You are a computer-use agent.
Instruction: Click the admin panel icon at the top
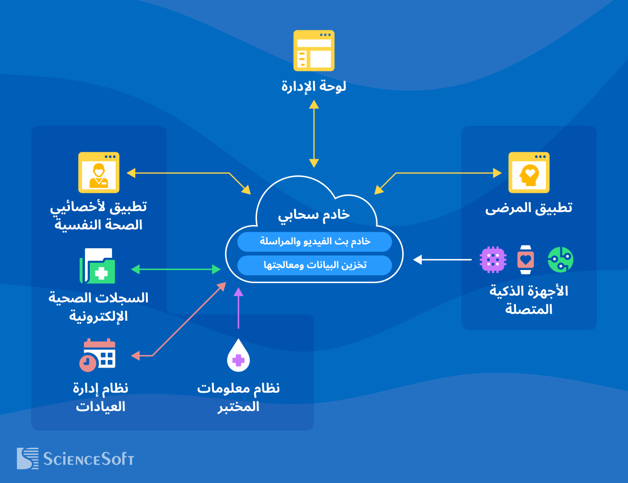pyautogui.click(x=314, y=51)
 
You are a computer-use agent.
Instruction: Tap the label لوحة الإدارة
pyautogui.click(x=314, y=86)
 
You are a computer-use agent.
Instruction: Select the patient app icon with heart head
pyautogui.click(x=529, y=173)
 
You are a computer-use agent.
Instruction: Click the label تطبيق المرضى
pyautogui.click(x=529, y=208)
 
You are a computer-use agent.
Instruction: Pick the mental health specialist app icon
pyautogui.click(x=99, y=173)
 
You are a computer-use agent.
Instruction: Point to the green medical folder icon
pyautogui.click(x=98, y=266)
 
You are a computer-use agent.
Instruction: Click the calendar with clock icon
pyautogui.click(x=98, y=355)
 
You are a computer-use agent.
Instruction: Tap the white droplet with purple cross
pyautogui.click(x=238, y=356)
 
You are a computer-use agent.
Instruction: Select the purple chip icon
pyautogui.click(x=493, y=260)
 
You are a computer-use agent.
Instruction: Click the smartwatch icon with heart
pyautogui.click(x=526, y=260)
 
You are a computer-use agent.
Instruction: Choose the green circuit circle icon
pyautogui.click(x=560, y=260)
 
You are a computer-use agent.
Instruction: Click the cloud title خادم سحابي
pyautogui.click(x=314, y=214)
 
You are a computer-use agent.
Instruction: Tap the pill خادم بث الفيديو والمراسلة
pyautogui.click(x=314, y=241)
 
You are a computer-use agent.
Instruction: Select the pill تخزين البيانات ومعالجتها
pyautogui.click(x=314, y=265)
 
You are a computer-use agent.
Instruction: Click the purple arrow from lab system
pyautogui.click(x=238, y=309)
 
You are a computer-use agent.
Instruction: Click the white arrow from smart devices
pyautogui.click(x=442, y=260)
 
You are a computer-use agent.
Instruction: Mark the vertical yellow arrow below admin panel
pyautogui.click(x=314, y=134)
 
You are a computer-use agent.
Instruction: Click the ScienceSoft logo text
pyautogui.click(x=88, y=459)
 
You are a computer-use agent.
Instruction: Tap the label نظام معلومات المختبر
pyautogui.click(x=238, y=397)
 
